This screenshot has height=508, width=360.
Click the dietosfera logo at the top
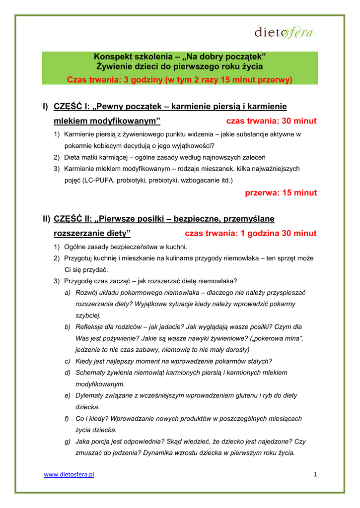coord(285,33)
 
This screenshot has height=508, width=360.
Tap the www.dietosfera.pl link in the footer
coord(69,475)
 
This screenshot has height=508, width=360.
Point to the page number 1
coord(315,475)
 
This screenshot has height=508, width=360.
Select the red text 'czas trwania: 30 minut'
coord(271,121)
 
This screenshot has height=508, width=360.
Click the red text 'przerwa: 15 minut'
coord(281,193)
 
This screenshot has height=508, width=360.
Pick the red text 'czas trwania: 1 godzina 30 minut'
coord(250,233)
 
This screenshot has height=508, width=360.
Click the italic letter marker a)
coord(67,293)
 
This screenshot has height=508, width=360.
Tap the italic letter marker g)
coord(67,441)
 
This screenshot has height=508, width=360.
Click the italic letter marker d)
coord(67,373)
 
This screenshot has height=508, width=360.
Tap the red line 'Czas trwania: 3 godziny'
coord(180,79)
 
